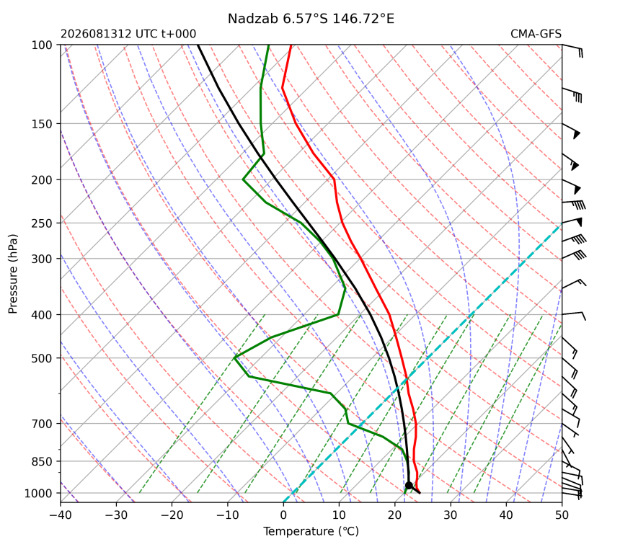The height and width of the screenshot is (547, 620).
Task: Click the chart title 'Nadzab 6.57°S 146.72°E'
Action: point(311,19)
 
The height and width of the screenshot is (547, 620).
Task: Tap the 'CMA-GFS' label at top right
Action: point(536,34)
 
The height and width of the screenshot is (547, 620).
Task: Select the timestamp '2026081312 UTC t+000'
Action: point(128,34)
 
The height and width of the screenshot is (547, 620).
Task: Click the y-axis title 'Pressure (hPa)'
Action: point(13,274)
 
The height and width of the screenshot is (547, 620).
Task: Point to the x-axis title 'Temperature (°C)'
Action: point(311,531)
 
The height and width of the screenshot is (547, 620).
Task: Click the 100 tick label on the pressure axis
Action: point(42,45)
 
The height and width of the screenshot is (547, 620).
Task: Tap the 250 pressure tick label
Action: point(42,223)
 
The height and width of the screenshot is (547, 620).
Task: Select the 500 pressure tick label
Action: point(42,358)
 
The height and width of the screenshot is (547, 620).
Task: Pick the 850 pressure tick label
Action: point(42,462)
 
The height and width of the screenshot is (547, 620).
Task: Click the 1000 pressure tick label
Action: point(39,494)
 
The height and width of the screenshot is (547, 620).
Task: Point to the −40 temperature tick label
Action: point(61,515)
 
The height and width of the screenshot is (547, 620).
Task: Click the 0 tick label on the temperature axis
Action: point(283,515)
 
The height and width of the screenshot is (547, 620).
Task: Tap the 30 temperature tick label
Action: point(451,515)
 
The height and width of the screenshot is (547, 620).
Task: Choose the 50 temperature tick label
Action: point(562,515)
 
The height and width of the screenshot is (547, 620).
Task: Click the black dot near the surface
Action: point(409,485)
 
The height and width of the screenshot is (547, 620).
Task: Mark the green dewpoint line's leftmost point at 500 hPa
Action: point(234,357)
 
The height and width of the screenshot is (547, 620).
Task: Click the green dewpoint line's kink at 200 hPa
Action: point(243,179)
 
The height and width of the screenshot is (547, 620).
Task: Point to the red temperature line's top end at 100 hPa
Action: point(291,45)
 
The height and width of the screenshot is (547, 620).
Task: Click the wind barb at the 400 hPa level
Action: point(574,315)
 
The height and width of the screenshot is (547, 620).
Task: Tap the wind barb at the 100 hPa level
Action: point(572,50)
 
